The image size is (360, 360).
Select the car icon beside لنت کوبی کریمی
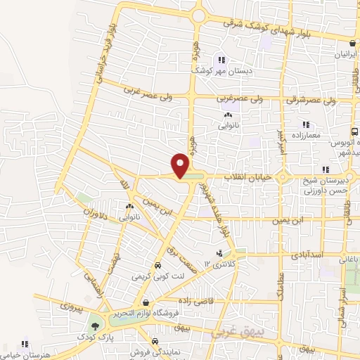[157, 266]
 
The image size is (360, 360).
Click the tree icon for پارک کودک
[95, 327]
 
